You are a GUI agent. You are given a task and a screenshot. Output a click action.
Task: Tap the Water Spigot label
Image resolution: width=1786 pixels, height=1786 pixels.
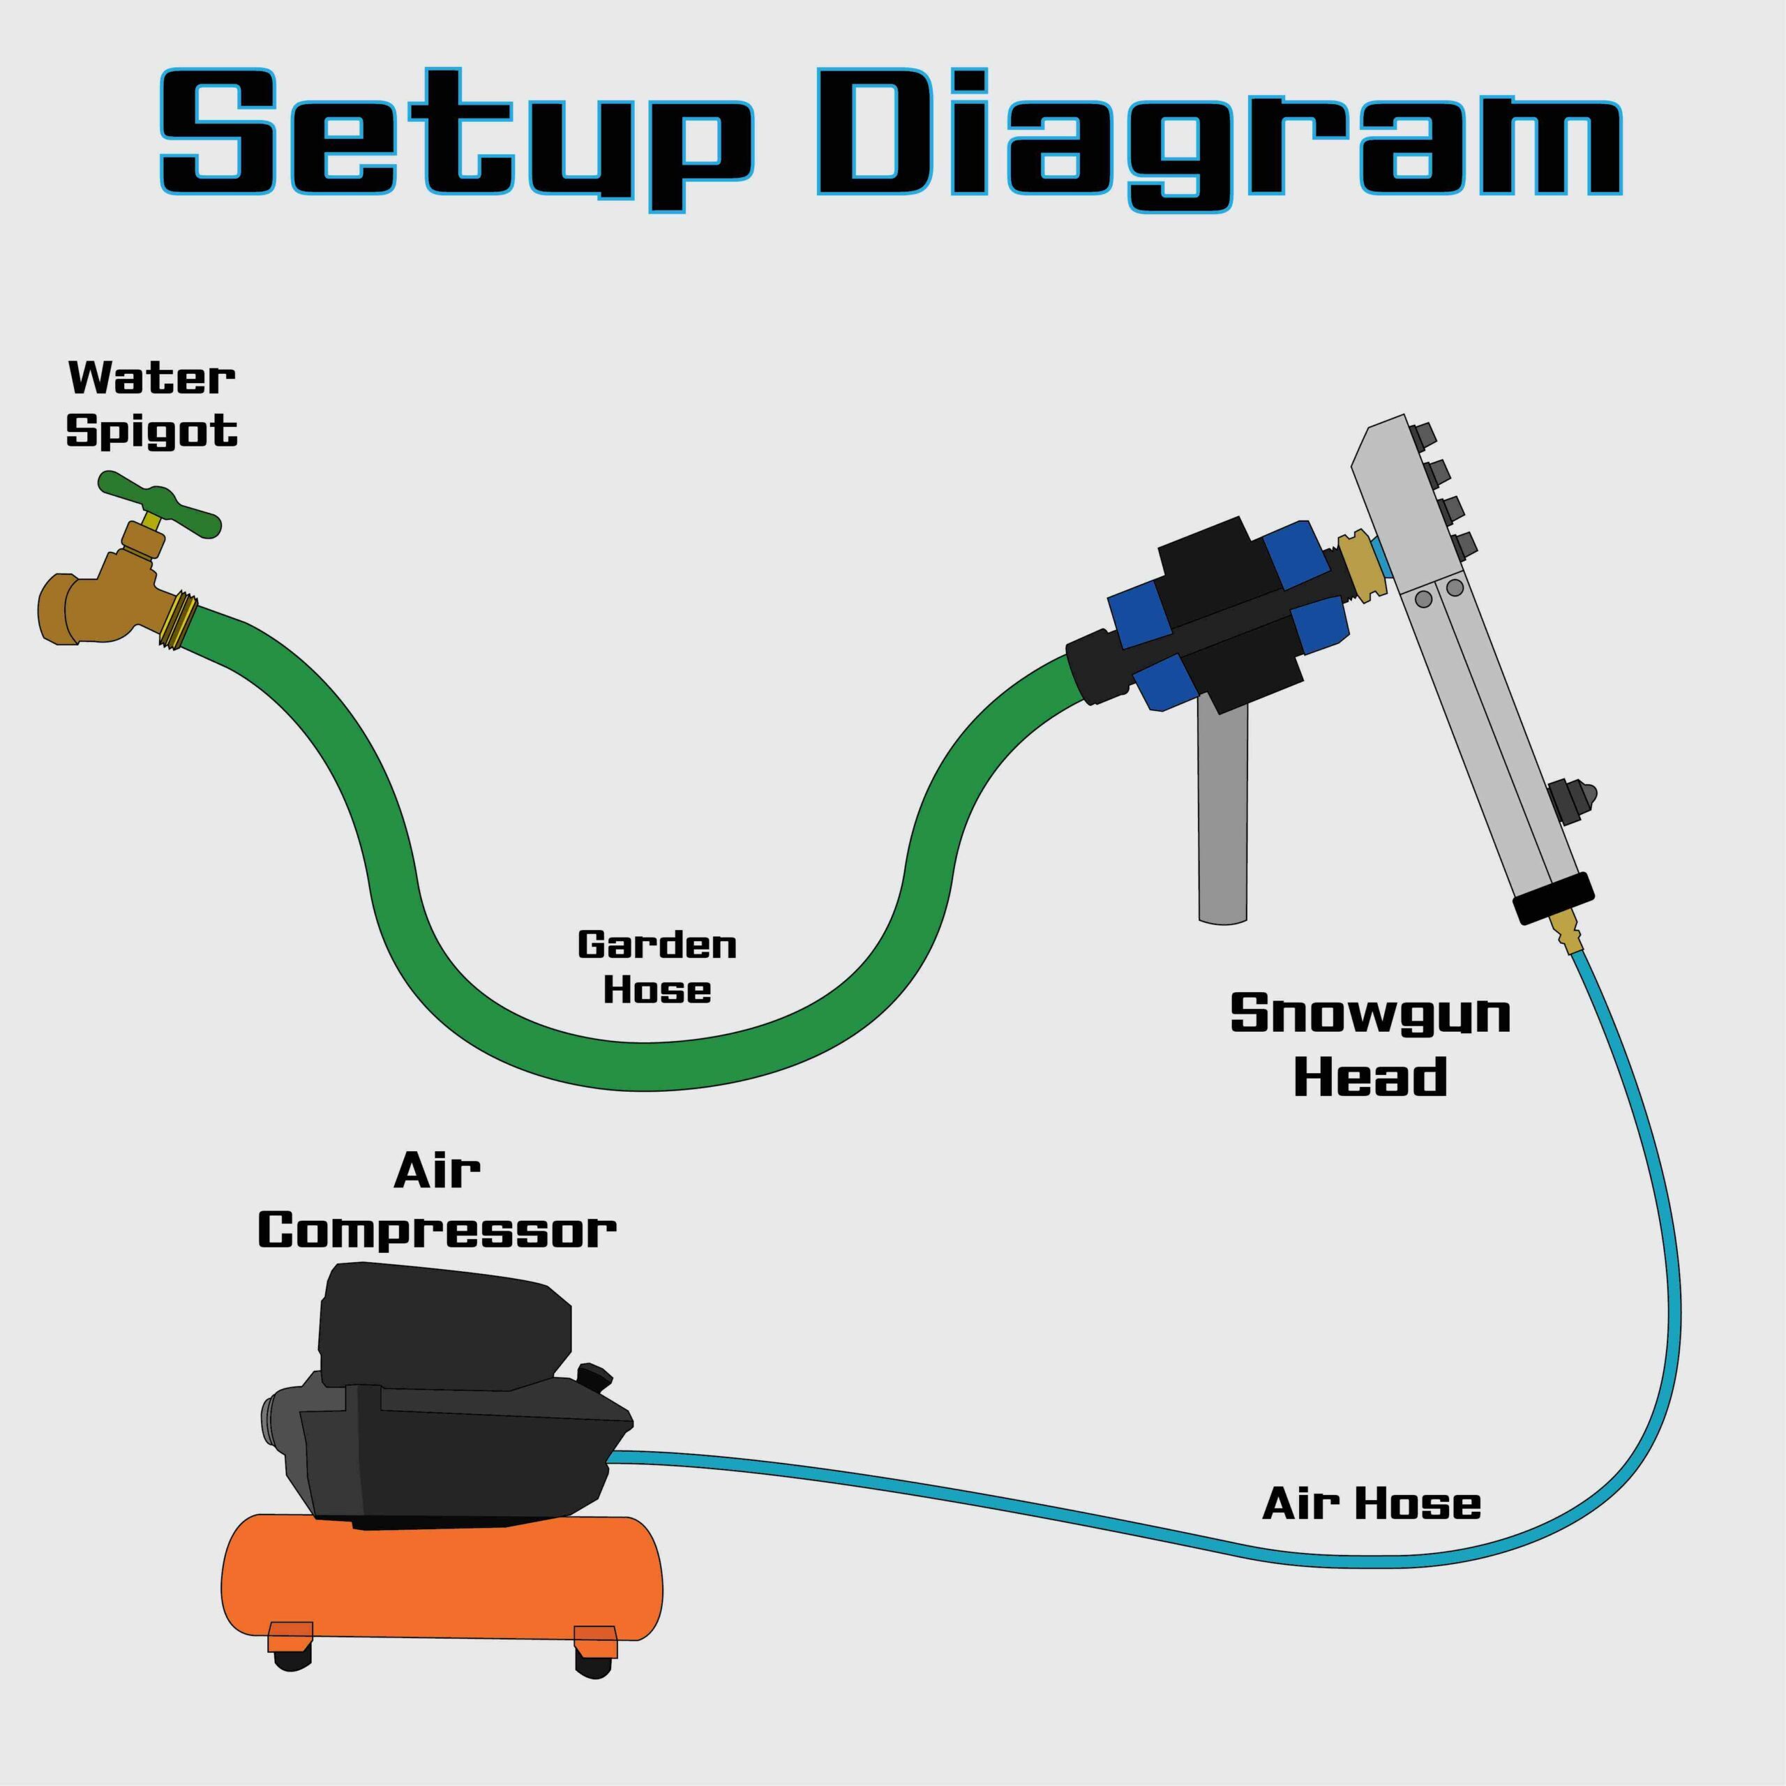pyautogui.click(x=153, y=404)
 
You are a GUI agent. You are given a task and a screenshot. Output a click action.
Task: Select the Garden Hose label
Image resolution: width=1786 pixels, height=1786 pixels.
pyautogui.click(x=656, y=967)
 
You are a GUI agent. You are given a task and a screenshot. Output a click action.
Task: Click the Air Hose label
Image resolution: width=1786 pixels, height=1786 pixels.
pyautogui.click(x=1371, y=1504)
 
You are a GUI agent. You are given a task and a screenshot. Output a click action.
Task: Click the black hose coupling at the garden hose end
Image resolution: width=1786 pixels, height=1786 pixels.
pyautogui.click(x=1098, y=668)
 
